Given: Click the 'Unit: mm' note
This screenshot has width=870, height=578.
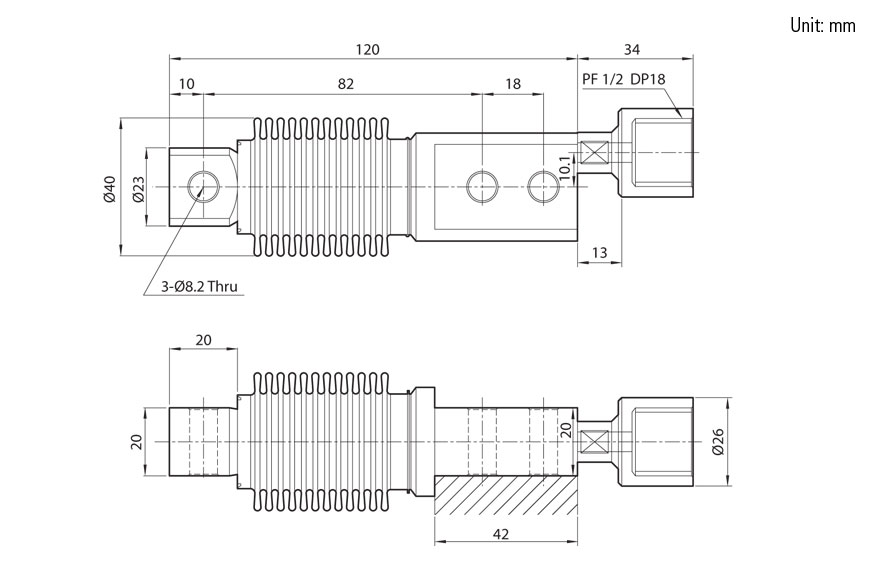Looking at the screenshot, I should (822, 25).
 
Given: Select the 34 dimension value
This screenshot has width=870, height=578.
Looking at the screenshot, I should (632, 49).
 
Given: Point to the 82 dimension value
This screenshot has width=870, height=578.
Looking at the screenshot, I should (346, 85).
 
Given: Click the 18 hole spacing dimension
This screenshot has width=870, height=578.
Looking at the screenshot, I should (512, 85).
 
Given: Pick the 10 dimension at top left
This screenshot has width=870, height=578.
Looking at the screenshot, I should (186, 85).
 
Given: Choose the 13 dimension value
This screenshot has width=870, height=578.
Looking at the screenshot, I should (599, 252).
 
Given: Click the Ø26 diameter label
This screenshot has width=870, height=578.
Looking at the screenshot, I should (716, 440).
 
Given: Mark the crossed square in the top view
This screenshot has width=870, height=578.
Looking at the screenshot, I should (597, 153).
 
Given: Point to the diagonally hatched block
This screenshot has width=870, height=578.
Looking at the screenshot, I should (505, 496).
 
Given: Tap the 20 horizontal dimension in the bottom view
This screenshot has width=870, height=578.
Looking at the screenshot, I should (203, 340).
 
